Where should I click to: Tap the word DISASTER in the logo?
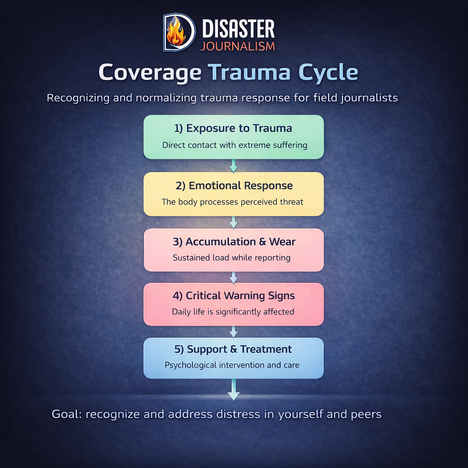click(238, 29)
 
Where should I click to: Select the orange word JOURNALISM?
click(238, 46)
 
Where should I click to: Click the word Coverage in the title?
click(150, 73)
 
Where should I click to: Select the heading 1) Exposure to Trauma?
click(234, 128)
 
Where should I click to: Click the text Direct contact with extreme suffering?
click(234, 145)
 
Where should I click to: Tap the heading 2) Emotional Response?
click(234, 186)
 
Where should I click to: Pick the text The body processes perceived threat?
click(233, 202)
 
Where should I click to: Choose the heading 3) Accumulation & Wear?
click(234, 242)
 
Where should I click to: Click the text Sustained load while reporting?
click(232, 258)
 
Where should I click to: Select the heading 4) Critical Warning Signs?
click(234, 296)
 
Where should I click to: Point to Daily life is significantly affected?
click(233, 312)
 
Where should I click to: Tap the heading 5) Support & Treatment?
click(234, 349)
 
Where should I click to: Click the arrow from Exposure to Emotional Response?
click(234, 165)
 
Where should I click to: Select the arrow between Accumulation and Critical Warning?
click(234, 277)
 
